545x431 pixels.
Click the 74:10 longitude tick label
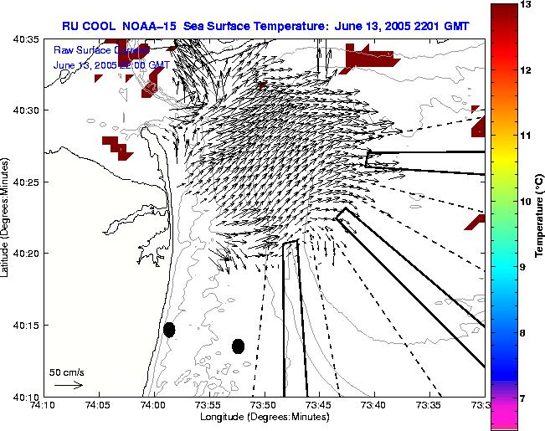click(44, 404)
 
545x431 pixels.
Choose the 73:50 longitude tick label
click(265, 404)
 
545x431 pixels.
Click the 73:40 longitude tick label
click(374, 404)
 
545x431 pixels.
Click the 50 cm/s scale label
click(67, 372)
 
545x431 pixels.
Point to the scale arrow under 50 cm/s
click(68, 386)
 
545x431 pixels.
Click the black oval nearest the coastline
click(169, 330)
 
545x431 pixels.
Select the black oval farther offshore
click(238, 346)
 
